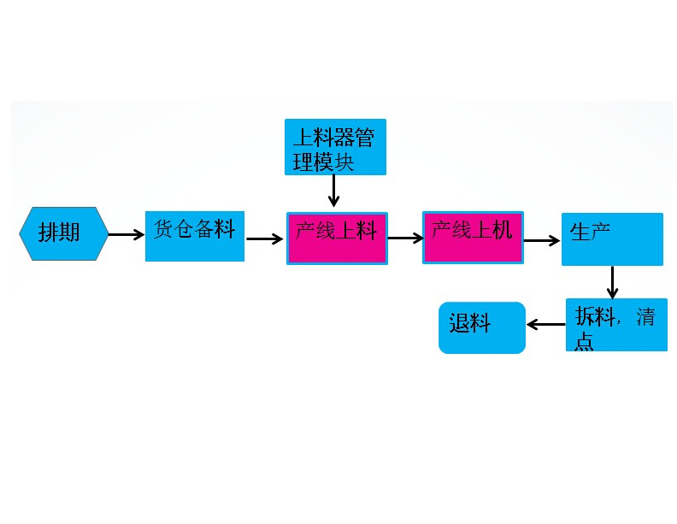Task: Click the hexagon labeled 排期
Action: click(64, 233)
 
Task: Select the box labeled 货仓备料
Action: click(195, 236)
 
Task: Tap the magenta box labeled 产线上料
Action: click(337, 238)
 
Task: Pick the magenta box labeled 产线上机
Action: click(473, 237)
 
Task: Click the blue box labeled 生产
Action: click(612, 239)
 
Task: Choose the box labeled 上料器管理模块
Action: click(335, 147)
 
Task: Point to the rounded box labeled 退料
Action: click(482, 327)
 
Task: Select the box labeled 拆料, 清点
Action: click(616, 324)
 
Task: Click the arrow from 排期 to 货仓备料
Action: click(127, 234)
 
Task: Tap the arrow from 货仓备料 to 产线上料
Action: click(265, 239)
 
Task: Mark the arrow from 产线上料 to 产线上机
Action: click(405, 239)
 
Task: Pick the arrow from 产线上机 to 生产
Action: click(542, 240)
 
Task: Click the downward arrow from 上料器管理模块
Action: click(334, 191)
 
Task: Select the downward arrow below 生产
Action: click(612, 282)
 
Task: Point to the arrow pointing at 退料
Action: click(545, 325)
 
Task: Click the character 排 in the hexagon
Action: click(49, 233)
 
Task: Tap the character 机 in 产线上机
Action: click(502, 229)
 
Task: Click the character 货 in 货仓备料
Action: click(164, 229)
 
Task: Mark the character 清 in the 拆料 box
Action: click(645, 317)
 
